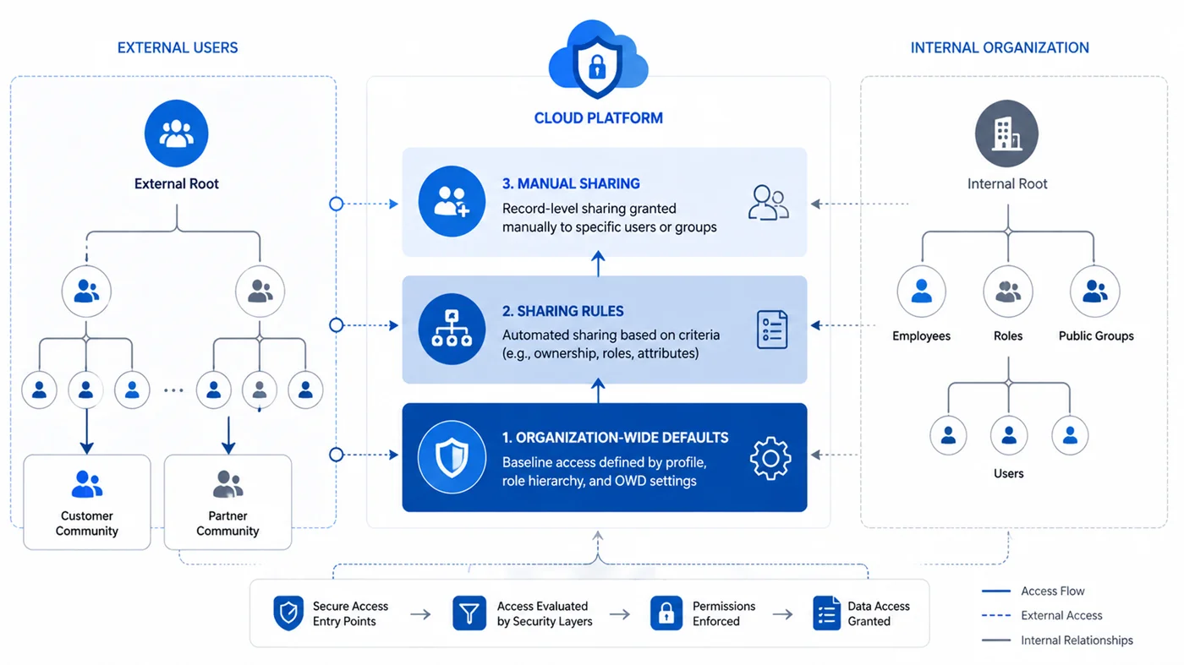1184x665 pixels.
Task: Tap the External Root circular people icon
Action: click(x=176, y=134)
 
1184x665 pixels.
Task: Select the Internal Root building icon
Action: click(x=1006, y=134)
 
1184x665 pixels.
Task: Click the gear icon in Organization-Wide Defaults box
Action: click(x=770, y=459)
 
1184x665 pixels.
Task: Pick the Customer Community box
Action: click(x=86, y=502)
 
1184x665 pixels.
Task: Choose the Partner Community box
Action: click(x=227, y=502)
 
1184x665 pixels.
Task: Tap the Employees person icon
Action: click(x=921, y=292)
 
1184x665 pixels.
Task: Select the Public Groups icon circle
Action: click(x=1094, y=292)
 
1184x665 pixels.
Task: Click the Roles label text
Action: click(x=1007, y=336)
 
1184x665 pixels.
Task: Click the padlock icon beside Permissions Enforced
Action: click(x=666, y=613)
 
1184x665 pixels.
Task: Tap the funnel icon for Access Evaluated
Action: click(x=469, y=613)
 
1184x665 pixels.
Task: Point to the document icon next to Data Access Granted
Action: click(x=826, y=613)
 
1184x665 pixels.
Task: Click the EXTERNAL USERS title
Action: click(x=178, y=48)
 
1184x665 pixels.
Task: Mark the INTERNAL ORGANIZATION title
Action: click(x=1000, y=48)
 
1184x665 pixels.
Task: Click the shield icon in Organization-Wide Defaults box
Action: click(x=452, y=458)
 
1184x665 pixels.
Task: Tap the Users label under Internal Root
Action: click(x=1008, y=474)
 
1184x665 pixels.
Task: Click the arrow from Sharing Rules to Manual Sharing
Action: click(x=598, y=264)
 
